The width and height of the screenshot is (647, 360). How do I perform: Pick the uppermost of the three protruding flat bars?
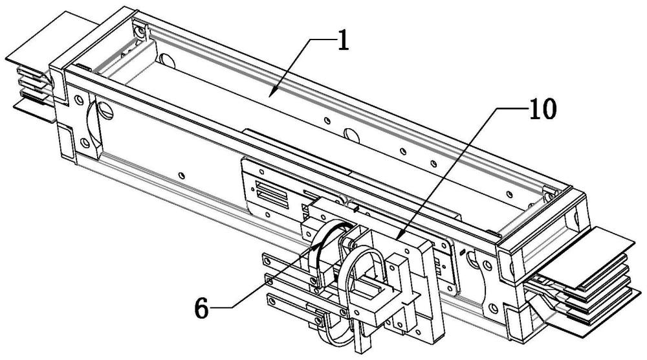coord(285,260)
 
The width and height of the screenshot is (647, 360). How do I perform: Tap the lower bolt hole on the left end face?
coord(83,141)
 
